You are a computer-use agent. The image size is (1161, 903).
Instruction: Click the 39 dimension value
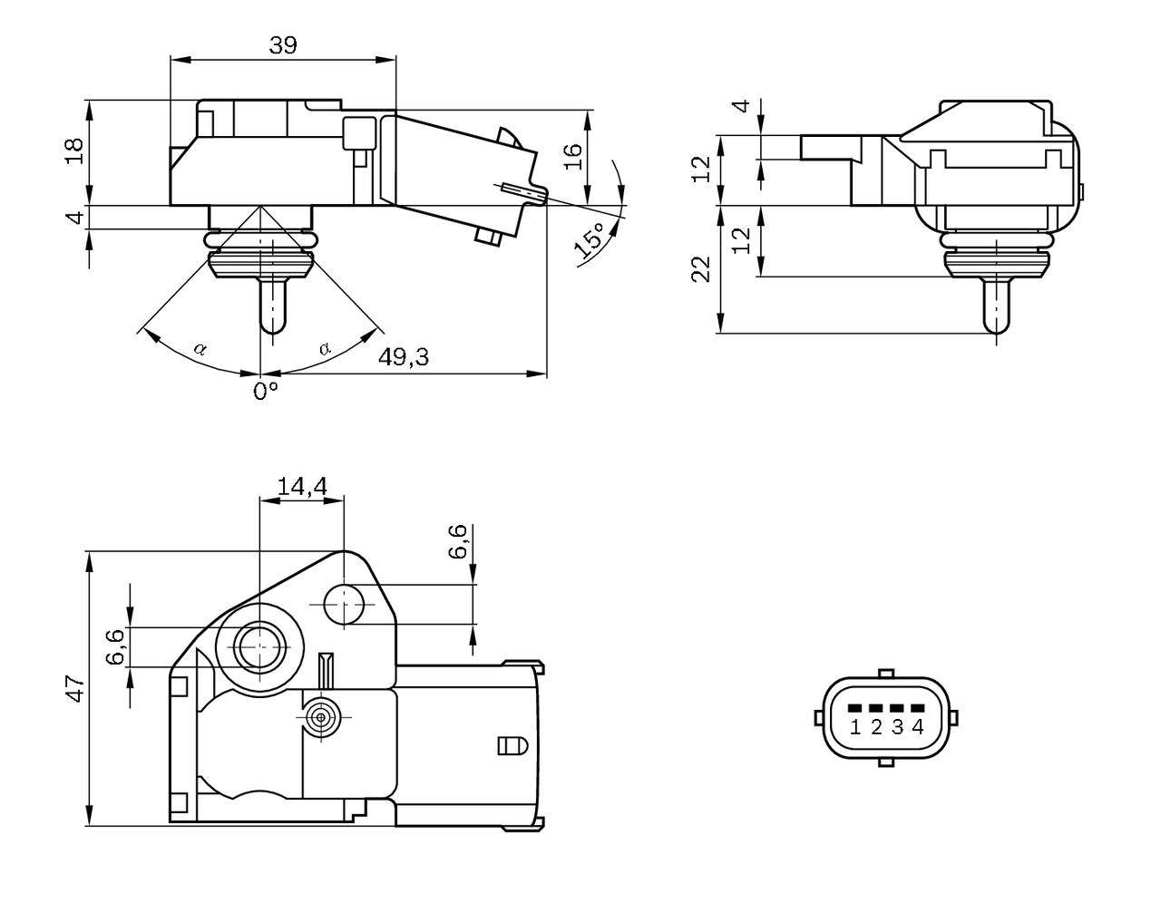[x=283, y=45]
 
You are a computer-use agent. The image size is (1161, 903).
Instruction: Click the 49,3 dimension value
[x=403, y=357]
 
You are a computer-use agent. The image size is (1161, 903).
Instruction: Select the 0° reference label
[x=265, y=391]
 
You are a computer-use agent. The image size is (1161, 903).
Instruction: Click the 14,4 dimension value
[x=301, y=486]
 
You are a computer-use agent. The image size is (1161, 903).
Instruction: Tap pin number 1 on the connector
[x=855, y=726]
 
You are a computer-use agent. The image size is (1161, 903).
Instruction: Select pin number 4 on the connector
[x=918, y=726]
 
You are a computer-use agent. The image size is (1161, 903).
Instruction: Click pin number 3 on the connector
[x=897, y=726]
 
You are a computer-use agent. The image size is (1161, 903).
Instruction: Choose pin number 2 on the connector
[x=876, y=726]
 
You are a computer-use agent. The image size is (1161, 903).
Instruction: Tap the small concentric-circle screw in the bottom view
[x=319, y=718]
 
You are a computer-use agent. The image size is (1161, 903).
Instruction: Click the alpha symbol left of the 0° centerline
[x=200, y=348]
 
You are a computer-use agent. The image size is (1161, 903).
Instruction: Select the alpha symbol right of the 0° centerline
[x=325, y=348]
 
